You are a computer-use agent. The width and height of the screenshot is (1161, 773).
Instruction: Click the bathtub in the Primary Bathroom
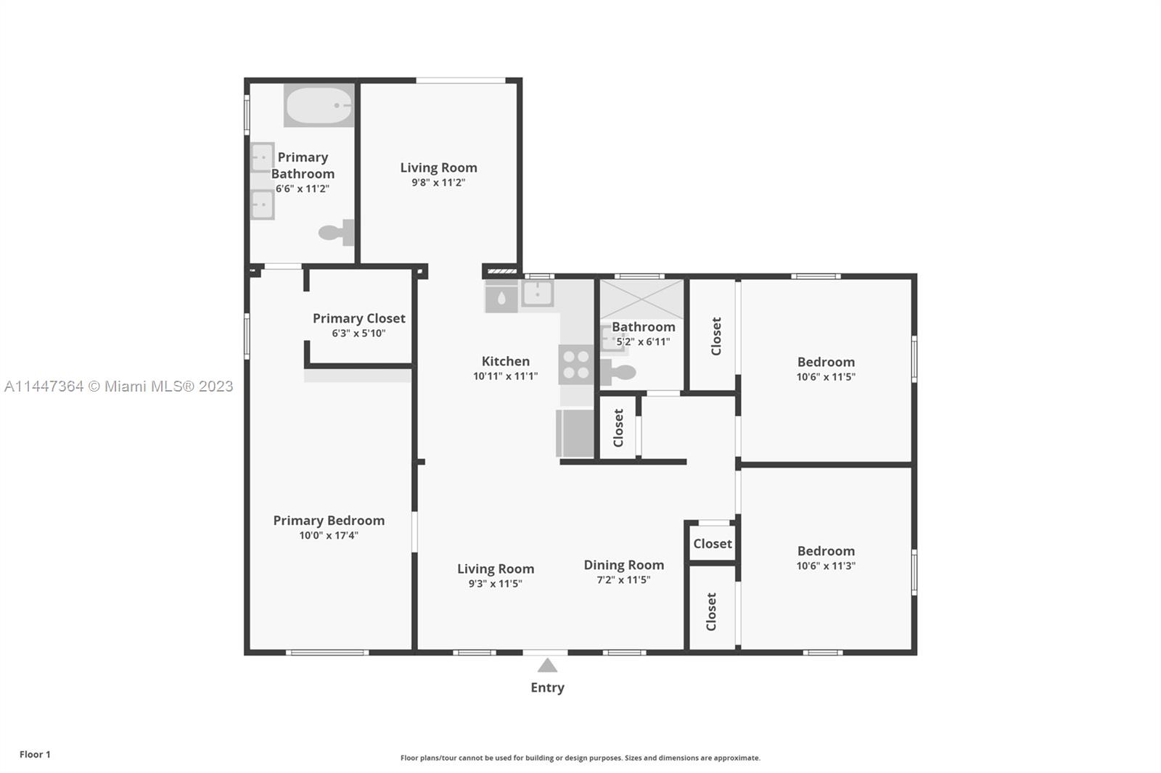click(x=319, y=105)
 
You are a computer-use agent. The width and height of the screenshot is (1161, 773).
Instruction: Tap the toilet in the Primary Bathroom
click(x=337, y=232)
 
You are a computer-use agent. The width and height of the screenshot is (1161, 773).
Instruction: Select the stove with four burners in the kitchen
click(x=576, y=365)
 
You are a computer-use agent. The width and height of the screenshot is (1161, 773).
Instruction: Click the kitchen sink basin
click(x=537, y=293)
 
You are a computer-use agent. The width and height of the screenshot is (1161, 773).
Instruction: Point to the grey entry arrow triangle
click(x=547, y=665)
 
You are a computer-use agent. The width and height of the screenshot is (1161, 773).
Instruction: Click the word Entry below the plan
click(x=547, y=687)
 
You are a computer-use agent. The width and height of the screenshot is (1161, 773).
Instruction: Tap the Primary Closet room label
click(x=358, y=318)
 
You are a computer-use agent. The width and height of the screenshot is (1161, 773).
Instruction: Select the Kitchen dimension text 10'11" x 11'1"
click(x=505, y=376)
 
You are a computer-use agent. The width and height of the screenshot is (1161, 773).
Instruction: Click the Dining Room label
click(x=623, y=565)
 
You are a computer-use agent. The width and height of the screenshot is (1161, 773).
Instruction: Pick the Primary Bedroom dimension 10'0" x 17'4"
click(x=329, y=535)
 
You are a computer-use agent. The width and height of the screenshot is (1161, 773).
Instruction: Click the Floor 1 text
click(x=36, y=754)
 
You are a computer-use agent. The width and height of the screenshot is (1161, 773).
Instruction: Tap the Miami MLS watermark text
click(x=119, y=386)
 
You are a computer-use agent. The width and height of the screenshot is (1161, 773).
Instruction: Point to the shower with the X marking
click(x=641, y=299)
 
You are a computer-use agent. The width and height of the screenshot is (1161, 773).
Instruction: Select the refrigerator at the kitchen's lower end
click(x=575, y=433)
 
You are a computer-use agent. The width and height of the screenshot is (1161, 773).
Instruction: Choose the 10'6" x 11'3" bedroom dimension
click(x=826, y=566)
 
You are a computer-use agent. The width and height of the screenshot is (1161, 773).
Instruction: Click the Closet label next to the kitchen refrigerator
click(x=618, y=428)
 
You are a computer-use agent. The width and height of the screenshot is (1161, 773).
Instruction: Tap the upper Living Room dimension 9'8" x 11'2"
click(x=438, y=182)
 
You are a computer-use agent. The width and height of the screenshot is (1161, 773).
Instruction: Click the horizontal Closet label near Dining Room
click(x=713, y=543)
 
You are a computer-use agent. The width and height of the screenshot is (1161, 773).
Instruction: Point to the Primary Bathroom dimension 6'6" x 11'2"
click(x=302, y=189)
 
